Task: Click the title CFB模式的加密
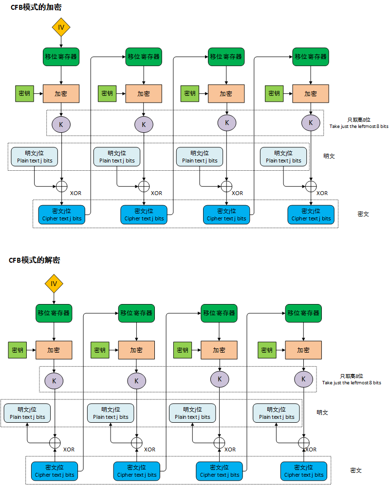(x=36, y=7)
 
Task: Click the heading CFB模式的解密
(x=35, y=260)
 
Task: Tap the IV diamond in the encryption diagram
(x=61, y=27)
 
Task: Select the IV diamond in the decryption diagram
(x=54, y=284)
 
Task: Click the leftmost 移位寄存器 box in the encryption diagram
(x=61, y=56)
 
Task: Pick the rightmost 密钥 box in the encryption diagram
(x=274, y=93)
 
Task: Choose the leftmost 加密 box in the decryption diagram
(x=54, y=350)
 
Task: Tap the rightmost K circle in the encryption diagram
(x=311, y=123)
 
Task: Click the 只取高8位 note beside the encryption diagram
(x=358, y=123)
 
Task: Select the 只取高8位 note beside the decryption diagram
(x=352, y=379)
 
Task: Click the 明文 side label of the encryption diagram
(x=329, y=156)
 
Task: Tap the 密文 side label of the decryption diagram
(x=356, y=470)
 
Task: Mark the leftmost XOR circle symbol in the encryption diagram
(x=61, y=186)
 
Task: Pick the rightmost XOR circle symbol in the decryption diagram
(x=303, y=443)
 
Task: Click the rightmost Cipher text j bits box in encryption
(x=311, y=215)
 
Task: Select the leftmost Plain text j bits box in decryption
(x=27, y=413)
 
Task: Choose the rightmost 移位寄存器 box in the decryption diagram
(x=303, y=313)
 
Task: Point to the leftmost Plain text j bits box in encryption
(x=35, y=156)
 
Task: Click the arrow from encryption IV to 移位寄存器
(x=61, y=42)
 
